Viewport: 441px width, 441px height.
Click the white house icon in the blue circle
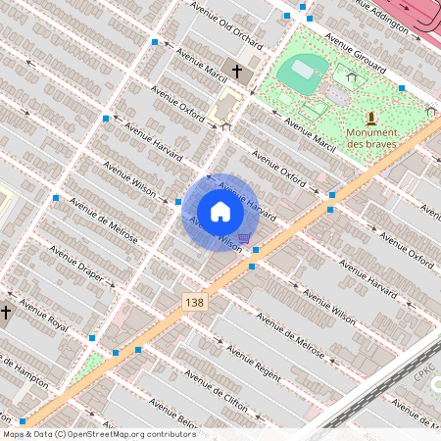pyautogui.click(x=220, y=212)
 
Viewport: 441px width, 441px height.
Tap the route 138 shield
pyautogui.click(x=194, y=304)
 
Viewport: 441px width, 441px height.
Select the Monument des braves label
pyautogui.click(x=371, y=137)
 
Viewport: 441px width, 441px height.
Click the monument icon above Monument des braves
pyautogui.click(x=371, y=118)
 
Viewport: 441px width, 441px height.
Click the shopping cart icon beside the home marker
pyautogui.click(x=243, y=237)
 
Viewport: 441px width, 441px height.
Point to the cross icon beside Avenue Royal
pyautogui.click(x=6, y=312)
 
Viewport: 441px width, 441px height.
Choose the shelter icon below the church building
pyautogui.click(x=226, y=125)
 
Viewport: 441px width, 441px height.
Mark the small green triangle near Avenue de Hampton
pyautogui.click(x=87, y=368)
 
